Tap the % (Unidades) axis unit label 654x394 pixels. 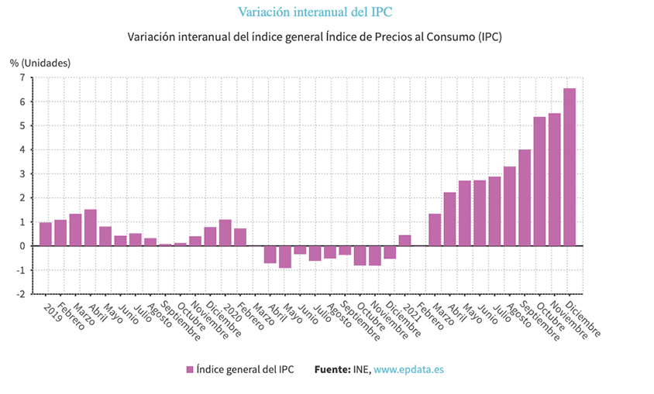(x=40, y=62)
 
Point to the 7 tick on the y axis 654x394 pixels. (x=22, y=77)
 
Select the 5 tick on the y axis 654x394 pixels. (x=22, y=125)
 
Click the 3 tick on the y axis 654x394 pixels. (x=22, y=173)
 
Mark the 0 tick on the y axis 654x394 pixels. (x=22, y=246)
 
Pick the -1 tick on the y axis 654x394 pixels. (x=20, y=270)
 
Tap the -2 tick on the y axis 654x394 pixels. (x=20, y=294)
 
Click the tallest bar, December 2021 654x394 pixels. (x=570, y=167)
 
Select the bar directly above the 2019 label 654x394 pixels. (x=46, y=235)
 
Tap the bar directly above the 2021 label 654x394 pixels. (x=405, y=241)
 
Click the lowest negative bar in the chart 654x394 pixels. (x=285, y=257)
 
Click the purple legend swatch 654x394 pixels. (x=190, y=370)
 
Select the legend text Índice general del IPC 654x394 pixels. (x=245, y=370)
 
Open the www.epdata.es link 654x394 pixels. (x=408, y=370)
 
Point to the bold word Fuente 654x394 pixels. (x=332, y=370)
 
